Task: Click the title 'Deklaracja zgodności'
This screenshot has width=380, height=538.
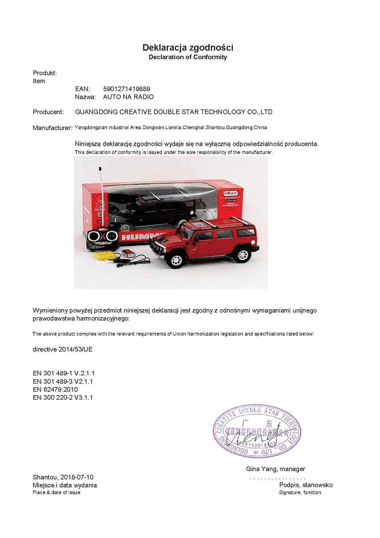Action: click(188, 48)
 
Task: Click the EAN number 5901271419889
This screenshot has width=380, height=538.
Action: click(127, 89)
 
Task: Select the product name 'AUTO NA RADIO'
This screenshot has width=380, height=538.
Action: click(128, 97)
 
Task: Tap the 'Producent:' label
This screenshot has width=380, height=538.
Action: click(48, 112)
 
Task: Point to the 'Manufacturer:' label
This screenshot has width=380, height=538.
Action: click(52, 128)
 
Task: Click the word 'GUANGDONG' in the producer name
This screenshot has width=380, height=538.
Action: click(96, 112)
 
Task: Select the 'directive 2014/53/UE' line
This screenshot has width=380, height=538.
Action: click(63, 349)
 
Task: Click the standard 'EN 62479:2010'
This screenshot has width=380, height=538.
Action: click(55, 390)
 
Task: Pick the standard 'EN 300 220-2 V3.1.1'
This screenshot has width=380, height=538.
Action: click(63, 398)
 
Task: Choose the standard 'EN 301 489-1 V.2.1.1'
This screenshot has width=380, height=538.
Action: click(63, 373)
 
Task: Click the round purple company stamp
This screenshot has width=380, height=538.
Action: click(257, 431)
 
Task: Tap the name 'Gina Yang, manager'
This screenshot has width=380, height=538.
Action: click(275, 469)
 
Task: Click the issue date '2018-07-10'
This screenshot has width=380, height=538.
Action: click(77, 477)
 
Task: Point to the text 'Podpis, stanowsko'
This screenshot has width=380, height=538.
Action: click(306, 485)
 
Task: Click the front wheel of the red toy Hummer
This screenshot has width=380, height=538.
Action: click(176, 260)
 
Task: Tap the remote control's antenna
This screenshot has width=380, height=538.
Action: click(101, 196)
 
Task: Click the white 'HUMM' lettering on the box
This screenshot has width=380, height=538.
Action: click(139, 237)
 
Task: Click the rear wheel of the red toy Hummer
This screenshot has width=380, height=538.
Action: click(242, 255)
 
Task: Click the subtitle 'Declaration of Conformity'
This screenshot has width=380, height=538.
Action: click(188, 57)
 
